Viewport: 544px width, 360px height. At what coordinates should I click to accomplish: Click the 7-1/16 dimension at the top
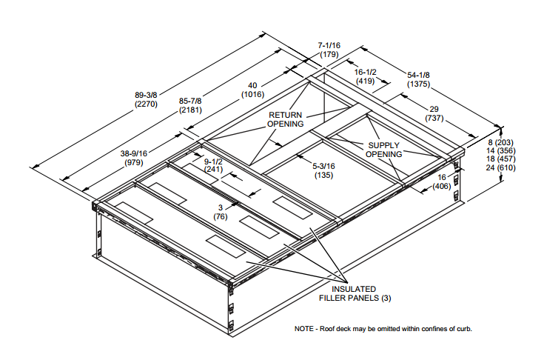pyautogui.click(x=329, y=45)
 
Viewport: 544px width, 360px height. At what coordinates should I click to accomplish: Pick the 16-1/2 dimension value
pyautogui.click(x=366, y=72)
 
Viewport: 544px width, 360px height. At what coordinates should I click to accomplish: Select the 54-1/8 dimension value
pyautogui.click(x=419, y=75)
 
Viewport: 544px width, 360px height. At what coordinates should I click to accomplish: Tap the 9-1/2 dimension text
pyautogui.click(x=214, y=158)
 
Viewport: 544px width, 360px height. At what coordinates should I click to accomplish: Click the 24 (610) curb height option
pyautogui.click(x=501, y=169)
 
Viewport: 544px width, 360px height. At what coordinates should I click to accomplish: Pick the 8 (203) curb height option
pyautogui.click(x=501, y=141)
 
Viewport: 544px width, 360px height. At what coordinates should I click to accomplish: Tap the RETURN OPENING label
pyautogui.click(x=286, y=119)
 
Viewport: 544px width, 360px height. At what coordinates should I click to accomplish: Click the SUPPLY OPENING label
pyautogui.click(x=384, y=149)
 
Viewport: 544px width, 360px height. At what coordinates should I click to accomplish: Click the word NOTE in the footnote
pyautogui.click(x=305, y=328)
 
